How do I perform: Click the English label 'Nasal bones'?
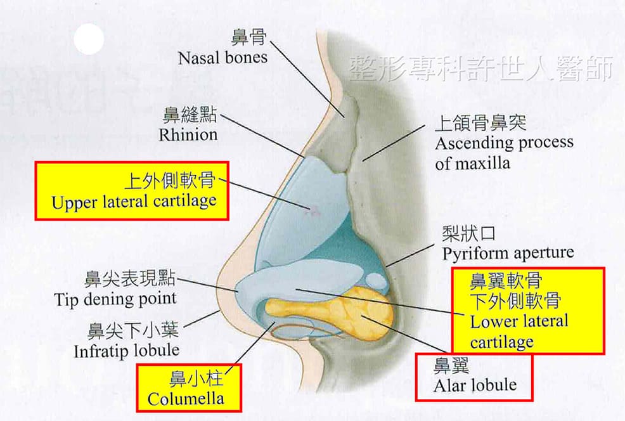[222, 58]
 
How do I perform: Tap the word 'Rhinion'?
[188, 135]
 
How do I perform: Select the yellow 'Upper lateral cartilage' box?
[132, 191]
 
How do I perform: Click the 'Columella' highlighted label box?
[189, 387]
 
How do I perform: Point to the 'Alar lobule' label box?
[474, 377]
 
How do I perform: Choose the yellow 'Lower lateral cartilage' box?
[528, 311]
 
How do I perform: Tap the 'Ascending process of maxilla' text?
[504, 153]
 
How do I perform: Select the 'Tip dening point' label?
[115, 299]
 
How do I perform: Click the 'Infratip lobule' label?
[127, 351]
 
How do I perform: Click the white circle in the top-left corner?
[89, 39]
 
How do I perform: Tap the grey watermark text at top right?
[480, 68]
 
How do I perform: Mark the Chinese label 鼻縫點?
[190, 115]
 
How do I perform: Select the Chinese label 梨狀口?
[469, 233]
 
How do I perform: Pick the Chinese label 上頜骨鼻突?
[480, 123]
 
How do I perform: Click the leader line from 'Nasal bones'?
[307, 79]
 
